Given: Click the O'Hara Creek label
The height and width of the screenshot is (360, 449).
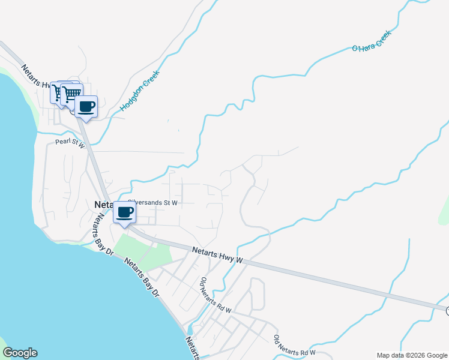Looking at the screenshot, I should click(371, 41).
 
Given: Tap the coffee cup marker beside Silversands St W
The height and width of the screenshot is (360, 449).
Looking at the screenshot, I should click(124, 212).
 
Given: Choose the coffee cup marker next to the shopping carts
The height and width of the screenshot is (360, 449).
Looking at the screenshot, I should click(86, 107).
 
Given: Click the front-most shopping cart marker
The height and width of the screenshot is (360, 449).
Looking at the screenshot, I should click(71, 94).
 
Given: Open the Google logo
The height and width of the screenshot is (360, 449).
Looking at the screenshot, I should click(20, 353).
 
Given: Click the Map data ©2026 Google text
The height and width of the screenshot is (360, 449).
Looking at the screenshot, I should click(411, 355).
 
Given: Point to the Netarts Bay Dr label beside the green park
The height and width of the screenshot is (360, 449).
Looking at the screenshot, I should click(142, 277).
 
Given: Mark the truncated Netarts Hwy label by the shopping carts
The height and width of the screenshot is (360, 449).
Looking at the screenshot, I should click(36, 77).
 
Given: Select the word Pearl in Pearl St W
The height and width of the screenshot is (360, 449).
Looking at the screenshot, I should click(62, 142).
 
